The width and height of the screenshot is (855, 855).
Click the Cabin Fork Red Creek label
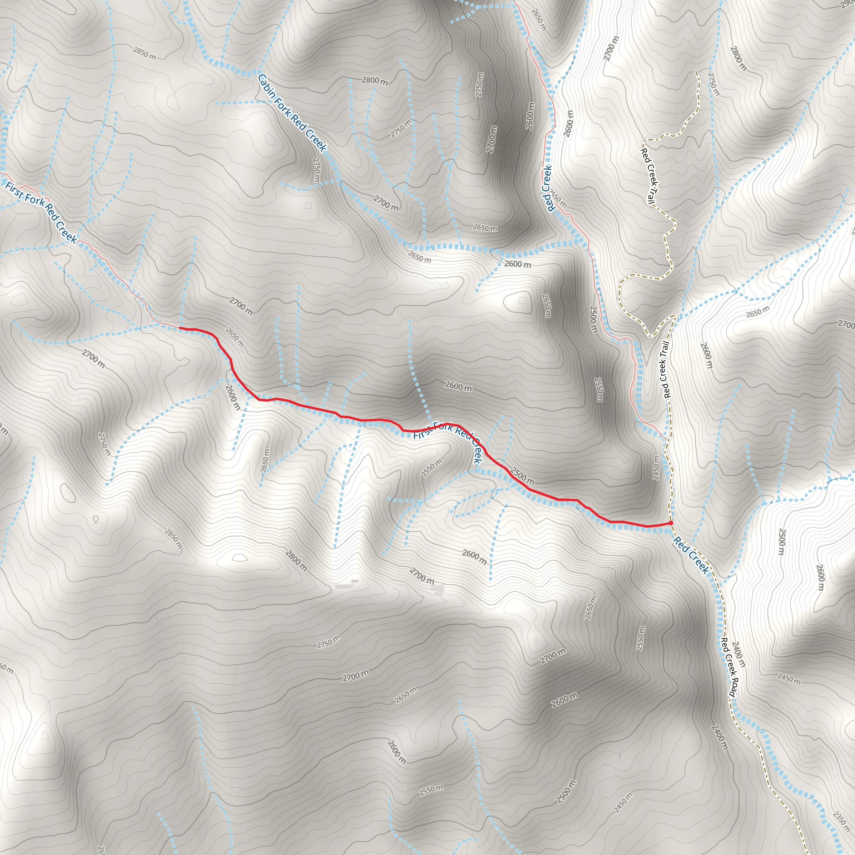tap(292, 113)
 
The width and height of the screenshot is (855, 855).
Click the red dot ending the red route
tap(671, 523)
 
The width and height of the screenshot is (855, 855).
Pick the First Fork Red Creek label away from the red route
tap(41, 212)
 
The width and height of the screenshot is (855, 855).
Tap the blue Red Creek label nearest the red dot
tap(691, 554)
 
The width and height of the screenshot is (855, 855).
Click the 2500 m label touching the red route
tap(523, 475)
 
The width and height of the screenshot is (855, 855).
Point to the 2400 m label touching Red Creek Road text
tap(739, 654)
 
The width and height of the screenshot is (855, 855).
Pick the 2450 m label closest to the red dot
tap(656, 467)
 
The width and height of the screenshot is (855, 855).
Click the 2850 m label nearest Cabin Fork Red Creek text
tap(144, 53)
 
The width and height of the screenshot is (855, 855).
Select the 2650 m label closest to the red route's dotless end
tap(234, 337)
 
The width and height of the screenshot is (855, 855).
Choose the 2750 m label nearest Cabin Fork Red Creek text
tap(316, 170)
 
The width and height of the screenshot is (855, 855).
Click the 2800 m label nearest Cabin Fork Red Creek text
tap(374, 81)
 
